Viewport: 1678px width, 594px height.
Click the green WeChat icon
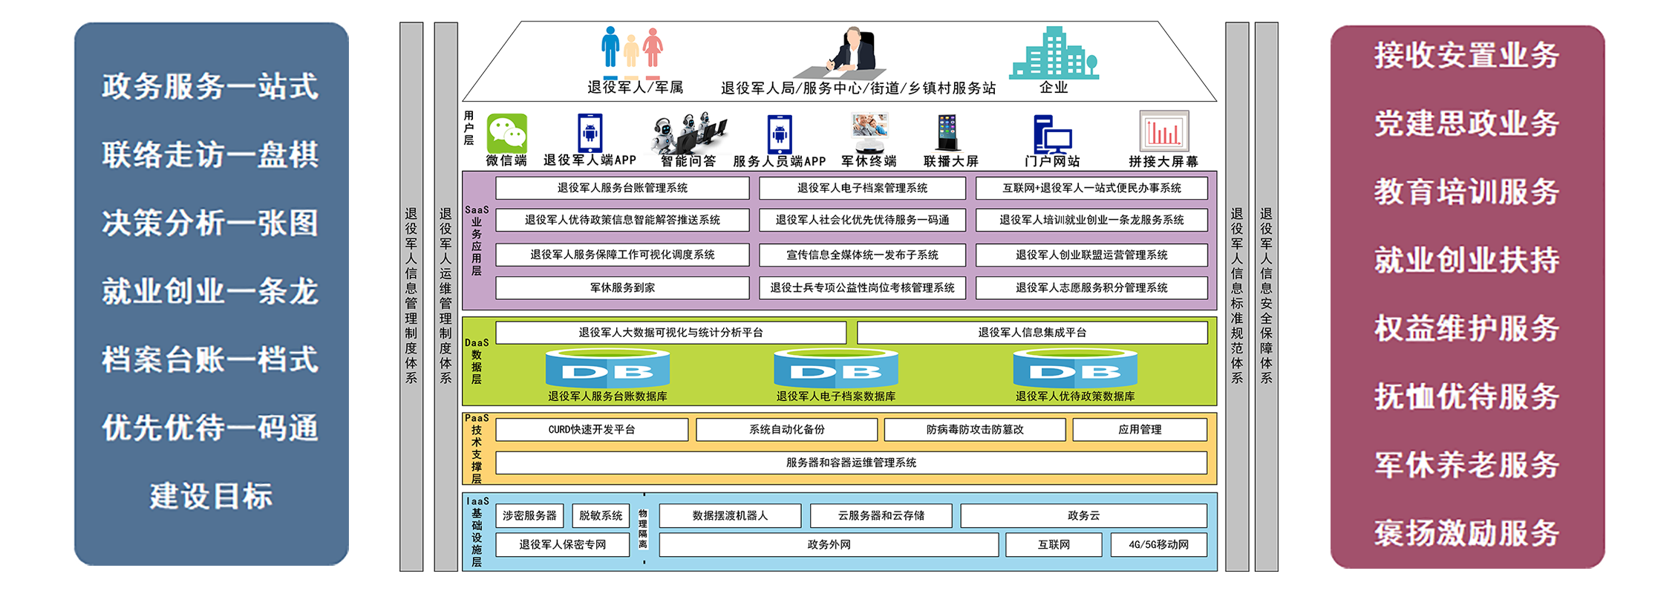coord(507,134)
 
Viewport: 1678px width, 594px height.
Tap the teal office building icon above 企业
coord(1054,53)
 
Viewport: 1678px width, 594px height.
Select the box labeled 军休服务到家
coord(622,287)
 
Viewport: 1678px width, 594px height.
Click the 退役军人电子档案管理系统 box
coord(862,188)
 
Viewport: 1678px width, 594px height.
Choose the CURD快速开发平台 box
coord(592,429)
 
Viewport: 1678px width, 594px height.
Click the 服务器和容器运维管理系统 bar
coord(851,463)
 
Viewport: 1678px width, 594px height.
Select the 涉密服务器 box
coord(529,515)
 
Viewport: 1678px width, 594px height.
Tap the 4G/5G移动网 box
coord(1158,544)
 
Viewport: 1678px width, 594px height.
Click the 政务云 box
coord(1083,515)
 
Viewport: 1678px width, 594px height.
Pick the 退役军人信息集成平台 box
coord(1032,333)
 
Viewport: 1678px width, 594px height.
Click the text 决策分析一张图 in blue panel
coord(210,223)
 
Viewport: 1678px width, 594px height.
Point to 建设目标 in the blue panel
coord(211,496)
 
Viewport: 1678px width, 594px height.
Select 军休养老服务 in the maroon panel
coord(1466,465)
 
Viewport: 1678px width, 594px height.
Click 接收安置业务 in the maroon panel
coord(1466,55)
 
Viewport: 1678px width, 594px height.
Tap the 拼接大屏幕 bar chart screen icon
coord(1163,131)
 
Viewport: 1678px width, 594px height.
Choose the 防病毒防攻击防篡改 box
coord(975,429)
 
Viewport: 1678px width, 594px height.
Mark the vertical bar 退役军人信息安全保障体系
coord(1266,297)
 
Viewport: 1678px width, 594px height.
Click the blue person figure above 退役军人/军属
coord(610,48)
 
